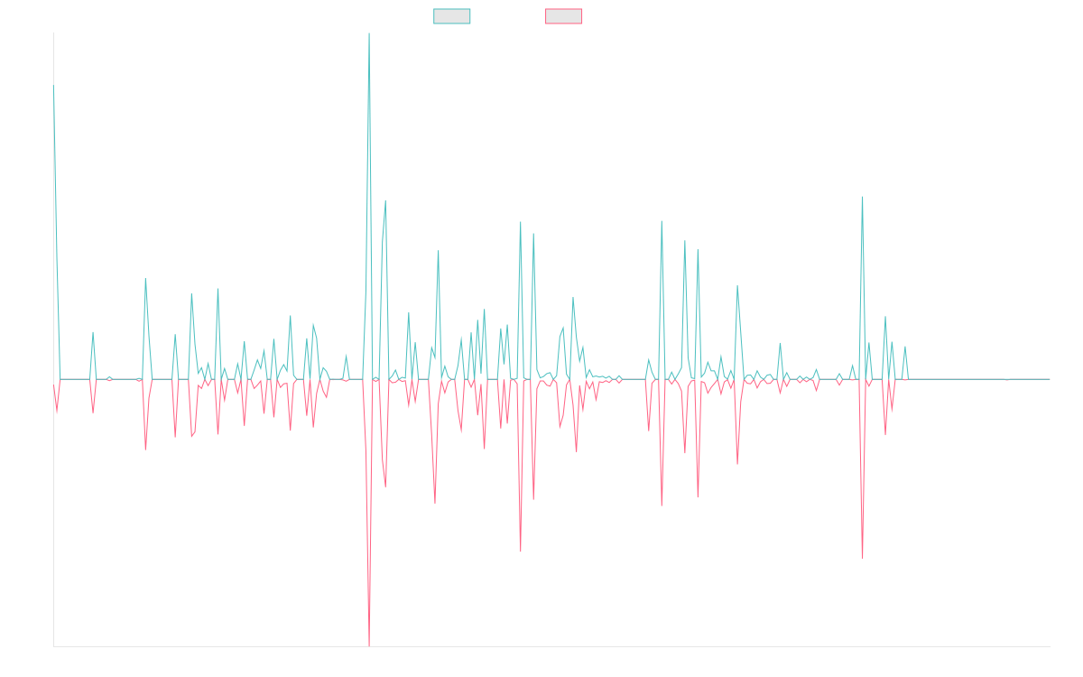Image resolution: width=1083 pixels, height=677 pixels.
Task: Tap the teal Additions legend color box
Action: pyautogui.click(x=452, y=16)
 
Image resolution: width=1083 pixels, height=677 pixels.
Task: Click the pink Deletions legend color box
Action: pyautogui.click(x=564, y=16)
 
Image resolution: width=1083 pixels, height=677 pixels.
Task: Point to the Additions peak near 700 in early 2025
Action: pyautogui.click(x=863, y=197)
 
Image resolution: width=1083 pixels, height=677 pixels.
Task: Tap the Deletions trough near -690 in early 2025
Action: pyautogui.click(x=863, y=558)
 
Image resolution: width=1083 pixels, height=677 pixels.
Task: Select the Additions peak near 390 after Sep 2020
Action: pyautogui.click(x=145, y=279)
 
